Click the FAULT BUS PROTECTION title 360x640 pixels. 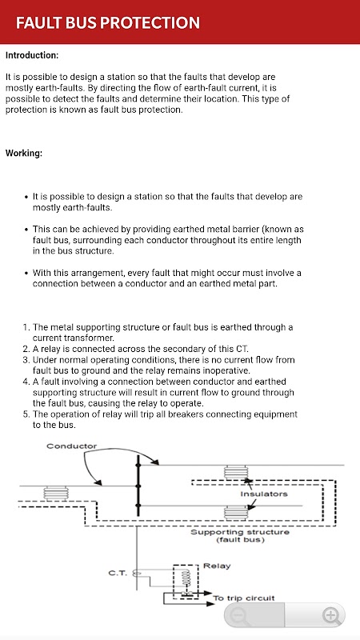108,22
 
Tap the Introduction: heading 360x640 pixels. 32,55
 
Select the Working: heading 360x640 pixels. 24,154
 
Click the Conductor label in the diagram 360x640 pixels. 71,446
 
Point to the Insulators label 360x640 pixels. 264,494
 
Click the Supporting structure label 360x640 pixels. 240,532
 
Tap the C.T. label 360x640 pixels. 118,573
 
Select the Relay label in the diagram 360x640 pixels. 217,566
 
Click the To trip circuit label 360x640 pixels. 244,598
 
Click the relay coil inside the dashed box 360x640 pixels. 186,578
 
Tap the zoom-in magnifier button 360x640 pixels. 331,615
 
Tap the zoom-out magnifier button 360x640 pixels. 239,615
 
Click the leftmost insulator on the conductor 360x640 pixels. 56,494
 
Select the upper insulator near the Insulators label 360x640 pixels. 236,472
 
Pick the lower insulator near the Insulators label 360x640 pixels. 236,512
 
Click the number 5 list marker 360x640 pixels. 26,414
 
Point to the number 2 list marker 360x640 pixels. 26,349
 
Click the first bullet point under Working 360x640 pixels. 26,197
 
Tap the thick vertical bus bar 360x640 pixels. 138,486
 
